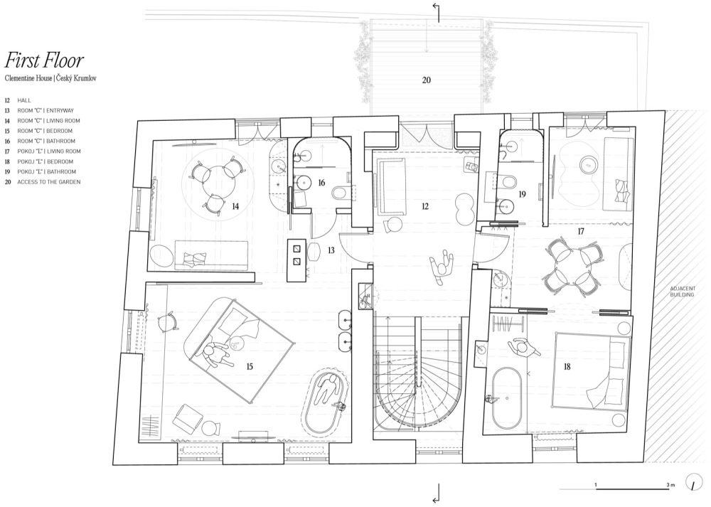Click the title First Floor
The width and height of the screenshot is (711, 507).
point(44,60)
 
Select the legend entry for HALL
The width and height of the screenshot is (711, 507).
point(18,100)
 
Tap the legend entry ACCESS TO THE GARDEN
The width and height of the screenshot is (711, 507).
point(43,182)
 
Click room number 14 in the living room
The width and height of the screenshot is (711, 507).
point(235,206)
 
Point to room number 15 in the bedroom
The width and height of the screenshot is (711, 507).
point(250,366)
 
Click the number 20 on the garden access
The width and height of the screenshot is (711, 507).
point(426,80)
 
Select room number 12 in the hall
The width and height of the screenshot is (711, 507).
point(425,206)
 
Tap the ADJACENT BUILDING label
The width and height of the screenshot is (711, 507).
point(683,292)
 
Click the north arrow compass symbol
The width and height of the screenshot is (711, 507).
point(693,482)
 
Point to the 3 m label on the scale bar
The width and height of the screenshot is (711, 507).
point(670,485)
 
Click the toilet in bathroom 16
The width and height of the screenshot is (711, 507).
point(340,193)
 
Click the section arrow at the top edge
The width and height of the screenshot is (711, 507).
point(437,12)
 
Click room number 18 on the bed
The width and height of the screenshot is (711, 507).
point(567,366)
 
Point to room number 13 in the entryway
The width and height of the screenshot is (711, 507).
point(331,250)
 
